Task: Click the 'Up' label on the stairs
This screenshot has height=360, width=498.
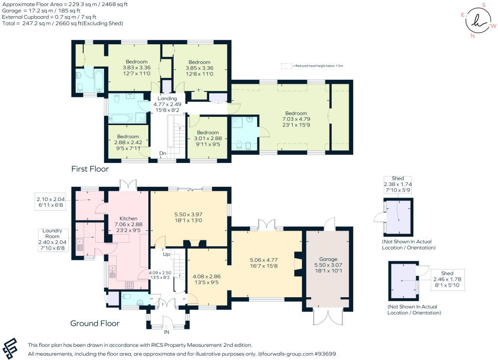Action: coord(166,254)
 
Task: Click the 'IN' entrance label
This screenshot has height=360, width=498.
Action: coord(166,332)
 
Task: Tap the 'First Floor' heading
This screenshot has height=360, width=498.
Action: coord(90,169)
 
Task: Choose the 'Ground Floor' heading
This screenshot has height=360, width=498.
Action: coord(95,323)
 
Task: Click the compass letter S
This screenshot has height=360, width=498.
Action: coord(484,5)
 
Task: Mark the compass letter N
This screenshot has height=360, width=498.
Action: coord(472,36)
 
